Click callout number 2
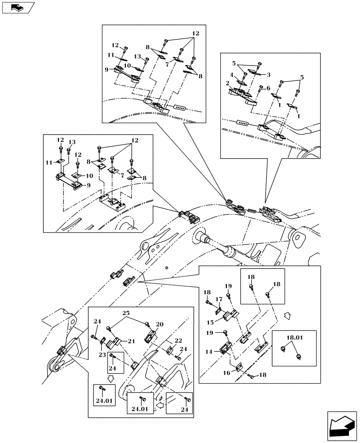227,83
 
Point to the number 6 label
268,88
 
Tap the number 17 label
219,299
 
